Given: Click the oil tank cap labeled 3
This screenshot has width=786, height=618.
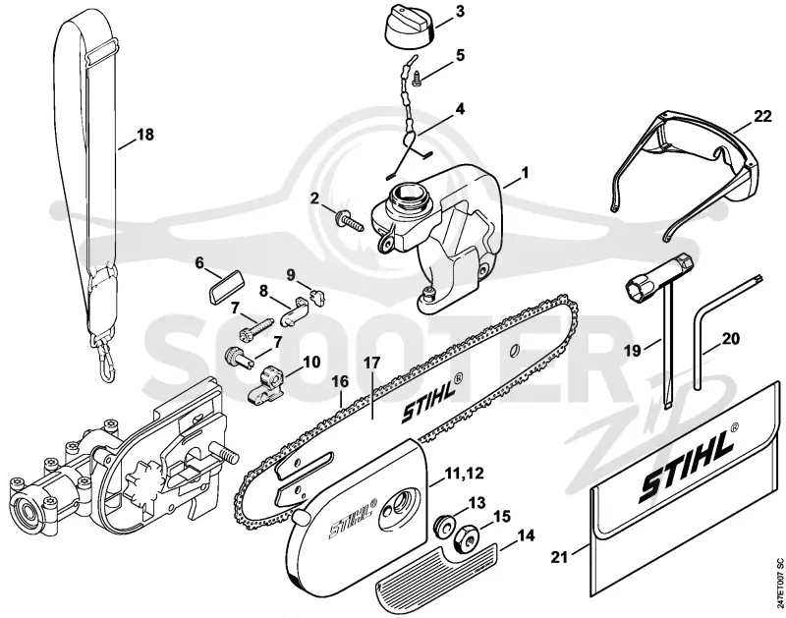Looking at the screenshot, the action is point(409,29).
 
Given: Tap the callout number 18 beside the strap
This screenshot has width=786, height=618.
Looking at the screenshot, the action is point(144,135).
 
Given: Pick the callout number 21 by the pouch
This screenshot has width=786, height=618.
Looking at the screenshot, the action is point(559,556).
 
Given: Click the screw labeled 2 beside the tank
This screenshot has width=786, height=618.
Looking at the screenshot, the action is point(350,221).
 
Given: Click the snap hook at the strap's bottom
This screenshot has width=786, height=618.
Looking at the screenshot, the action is point(107,365).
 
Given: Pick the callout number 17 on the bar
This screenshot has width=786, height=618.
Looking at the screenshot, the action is point(372,362).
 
